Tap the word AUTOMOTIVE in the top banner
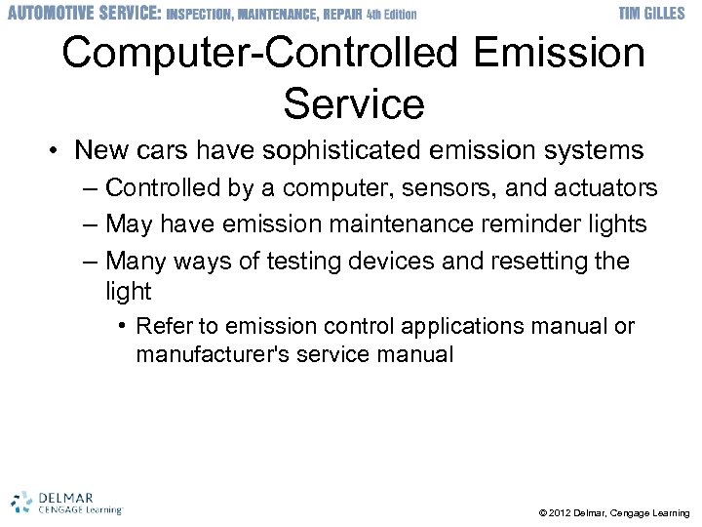point(49,13)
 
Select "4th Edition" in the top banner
point(391,14)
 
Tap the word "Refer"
point(162,326)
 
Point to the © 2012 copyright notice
point(613,512)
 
